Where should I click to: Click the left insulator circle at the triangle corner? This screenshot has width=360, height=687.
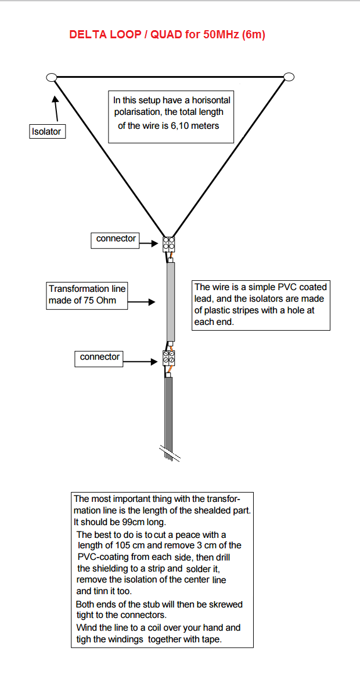pyautogui.click(x=51, y=77)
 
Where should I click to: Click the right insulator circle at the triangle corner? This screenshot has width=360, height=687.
pyautogui.click(x=289, y=77)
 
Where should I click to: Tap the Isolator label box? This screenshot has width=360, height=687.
pyautogui.click(x=46, y=132)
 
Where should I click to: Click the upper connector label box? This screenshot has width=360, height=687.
pyautogui.click(x=116, y=239)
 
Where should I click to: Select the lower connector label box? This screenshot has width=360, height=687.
pyautogui.click(x=99, y=357)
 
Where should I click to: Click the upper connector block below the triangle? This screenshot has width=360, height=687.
pyautogui.click(x=169, y=244)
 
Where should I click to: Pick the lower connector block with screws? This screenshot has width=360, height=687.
pyautogui.click(x=169, y=357)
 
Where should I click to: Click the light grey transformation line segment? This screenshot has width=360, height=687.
pyautogui.click(x=171, y=302)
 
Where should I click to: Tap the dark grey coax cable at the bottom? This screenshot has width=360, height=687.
pyautogui.click(x=169, y=412)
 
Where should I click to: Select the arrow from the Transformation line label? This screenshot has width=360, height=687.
pyautogui.click(x=142, y=302)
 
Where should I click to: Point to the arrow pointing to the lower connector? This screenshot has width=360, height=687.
pyautogui.click(x=142, y=361)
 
